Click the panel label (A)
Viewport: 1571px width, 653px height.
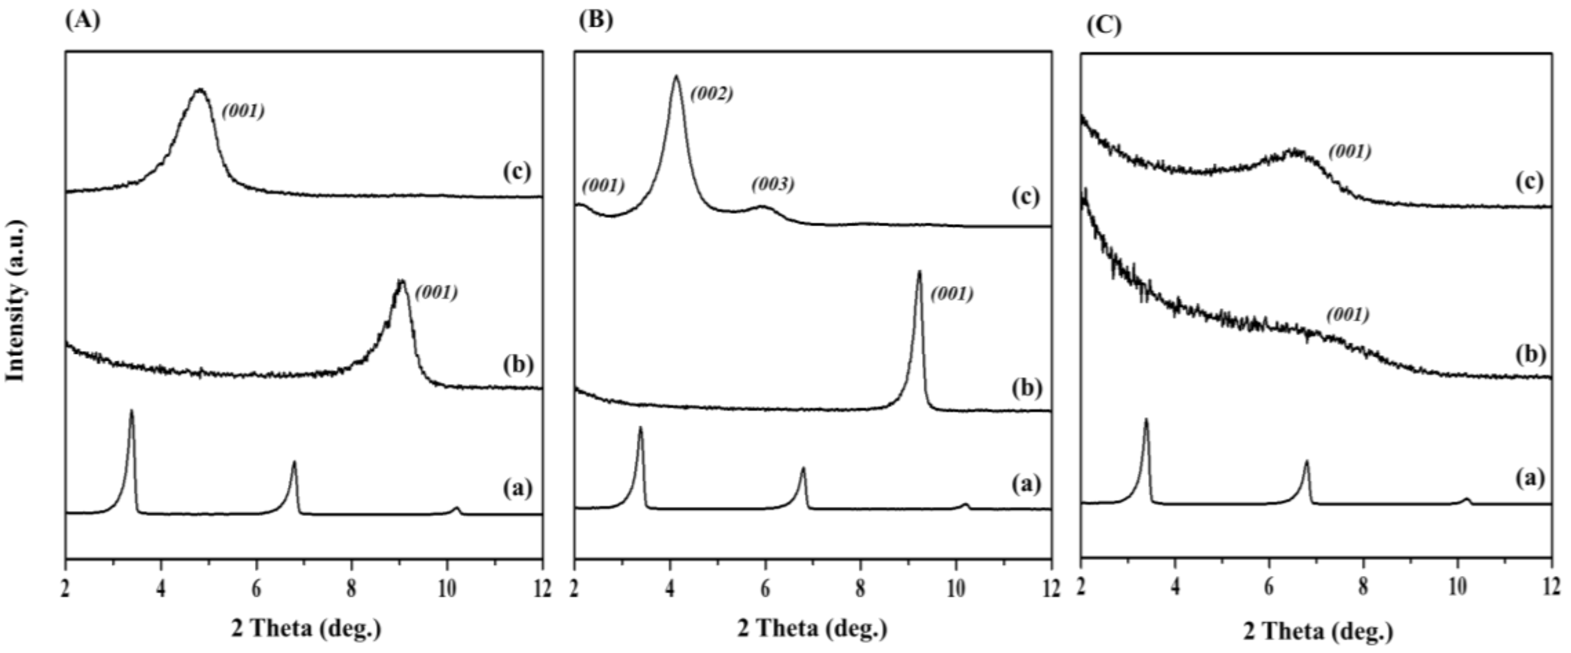pyautogui.click(x=82, y=20)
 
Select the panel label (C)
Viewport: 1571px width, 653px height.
pyautogui.click(x=1103, y=26)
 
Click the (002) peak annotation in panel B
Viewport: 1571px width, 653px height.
pyautogui.click(x=711, y=93)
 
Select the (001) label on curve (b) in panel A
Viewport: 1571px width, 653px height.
pyautogui.click(x=436, y=293)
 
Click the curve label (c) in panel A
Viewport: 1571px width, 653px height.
pyautogui.click(x=517, y=172)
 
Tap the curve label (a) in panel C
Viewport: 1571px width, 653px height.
pyautogui.click(x=1530, y=478)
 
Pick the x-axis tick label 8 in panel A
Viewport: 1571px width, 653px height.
pyautogui.click(x=351, y=589)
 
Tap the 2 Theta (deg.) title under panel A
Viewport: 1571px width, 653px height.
pyautogui.click(x=306, y=628)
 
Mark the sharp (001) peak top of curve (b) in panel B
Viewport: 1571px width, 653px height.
pyautogui.click(x=919, y=272)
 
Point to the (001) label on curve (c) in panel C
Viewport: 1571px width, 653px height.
pyautogui.click(x=1350, y=151)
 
